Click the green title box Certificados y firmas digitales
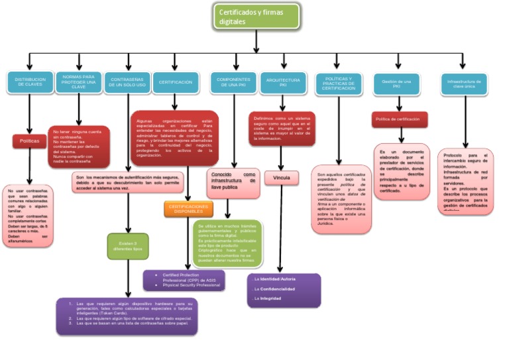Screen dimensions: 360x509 pyautogui.click(x=257, y=16)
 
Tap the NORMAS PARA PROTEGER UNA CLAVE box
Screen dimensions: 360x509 pyautogui.click(x=78, y=83)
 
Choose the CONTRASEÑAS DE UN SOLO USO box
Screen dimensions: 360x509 pyautogui.click(x=127, y=83)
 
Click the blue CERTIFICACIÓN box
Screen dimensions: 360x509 pyautogui.click(x=176, y=83)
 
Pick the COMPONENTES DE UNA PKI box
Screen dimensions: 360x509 pyautogui.click(x=233, y=83)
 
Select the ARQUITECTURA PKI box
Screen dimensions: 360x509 pyautogui.click(x=283, y=83)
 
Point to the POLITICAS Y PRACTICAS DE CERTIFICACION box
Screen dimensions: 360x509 pyautogui.click(x=339, y=83)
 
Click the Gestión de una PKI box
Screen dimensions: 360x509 pyautogui.click(x=396, y=83)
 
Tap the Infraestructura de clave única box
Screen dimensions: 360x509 pyautogui.click(x=465, y=83)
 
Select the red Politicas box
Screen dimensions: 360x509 pyautogui.click(x=29, y=141)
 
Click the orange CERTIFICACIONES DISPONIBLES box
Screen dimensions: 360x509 pyautogui.click(x=188, y=210)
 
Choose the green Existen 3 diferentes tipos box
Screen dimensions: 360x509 pyautogui.click(x=128, y=246)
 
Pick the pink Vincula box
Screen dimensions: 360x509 pyautogui.click(x=282, y=178)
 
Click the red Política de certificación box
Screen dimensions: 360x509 pyautogui.click(x=399, y=119)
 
